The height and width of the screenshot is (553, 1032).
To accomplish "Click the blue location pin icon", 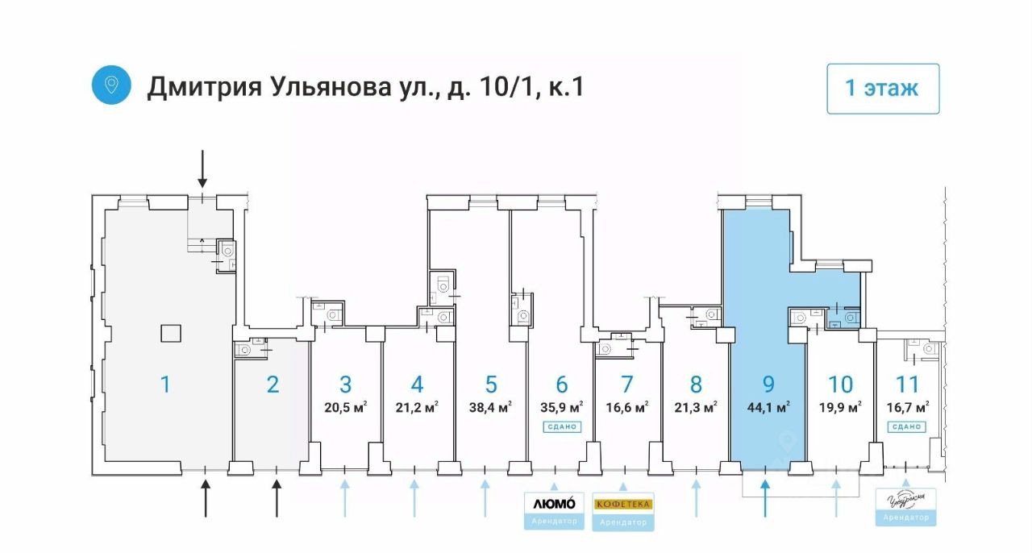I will pos(111,85).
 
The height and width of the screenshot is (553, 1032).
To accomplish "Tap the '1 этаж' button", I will pos(883,89).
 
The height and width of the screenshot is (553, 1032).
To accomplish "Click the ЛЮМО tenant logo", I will pos(554,503).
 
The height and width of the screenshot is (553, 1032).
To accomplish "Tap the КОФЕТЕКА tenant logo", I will pos(623,504).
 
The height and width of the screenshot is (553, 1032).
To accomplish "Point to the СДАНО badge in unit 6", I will pos(561,426).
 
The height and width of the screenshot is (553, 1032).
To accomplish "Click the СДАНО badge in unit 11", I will pos(906,426).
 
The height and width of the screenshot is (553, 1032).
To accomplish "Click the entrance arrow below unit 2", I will pos(277,497).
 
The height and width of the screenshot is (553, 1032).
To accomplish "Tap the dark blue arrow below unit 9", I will pos(765,497).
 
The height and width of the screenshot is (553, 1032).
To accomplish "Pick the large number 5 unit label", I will pos(491,385).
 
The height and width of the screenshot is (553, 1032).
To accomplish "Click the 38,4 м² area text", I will pos(490,407).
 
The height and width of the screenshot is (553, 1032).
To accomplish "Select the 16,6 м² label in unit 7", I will pos(627,407).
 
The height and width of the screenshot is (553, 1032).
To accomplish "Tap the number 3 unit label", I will pos(345,385).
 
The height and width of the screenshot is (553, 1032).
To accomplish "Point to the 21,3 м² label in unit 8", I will pos(696,407).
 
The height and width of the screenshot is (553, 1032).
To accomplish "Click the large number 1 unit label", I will pos(165,385).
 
